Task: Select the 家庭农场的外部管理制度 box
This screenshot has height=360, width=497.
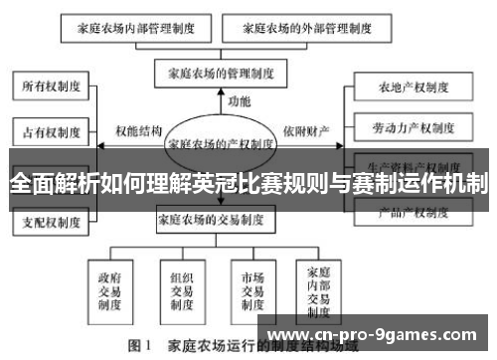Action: pos(282,29)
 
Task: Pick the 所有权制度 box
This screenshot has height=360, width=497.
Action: pos(52,87)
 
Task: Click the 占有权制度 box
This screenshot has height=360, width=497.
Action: pos(52,129)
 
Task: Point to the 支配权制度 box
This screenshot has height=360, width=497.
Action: pos(52,221)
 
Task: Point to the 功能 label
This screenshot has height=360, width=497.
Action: pos(240,101)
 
